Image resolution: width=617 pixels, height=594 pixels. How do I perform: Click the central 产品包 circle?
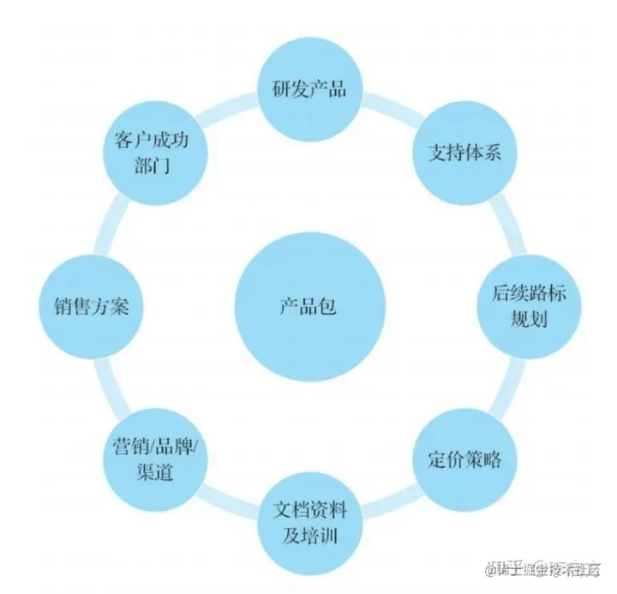[x=308, y=307]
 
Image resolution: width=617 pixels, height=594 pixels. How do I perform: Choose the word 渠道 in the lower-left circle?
[x=155, y=471]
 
